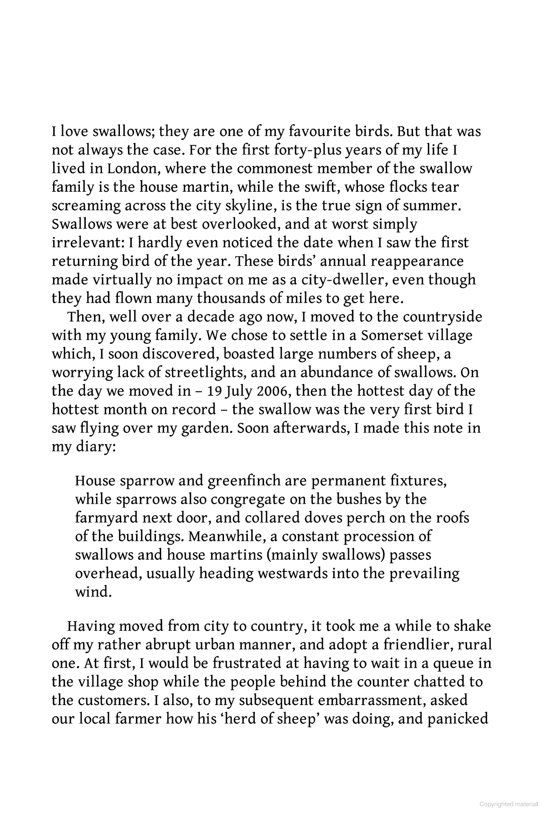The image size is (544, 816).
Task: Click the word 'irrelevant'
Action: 87,243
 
